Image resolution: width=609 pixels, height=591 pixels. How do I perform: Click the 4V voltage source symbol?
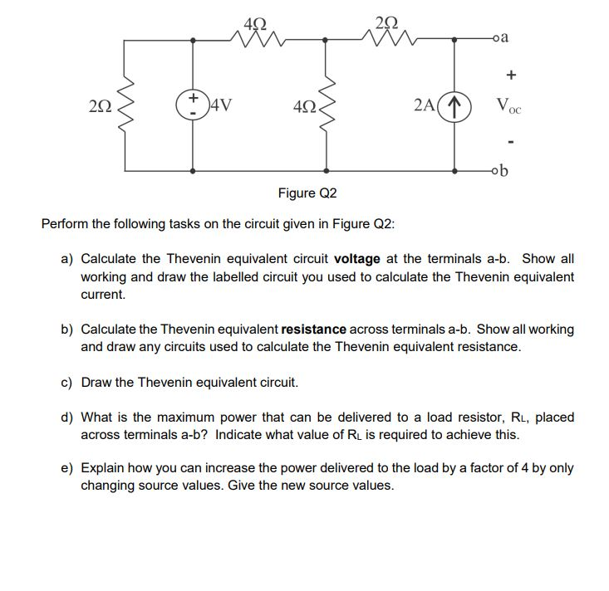coord(194,105)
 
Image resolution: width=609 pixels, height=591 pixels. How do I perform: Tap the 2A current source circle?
coord(454,105)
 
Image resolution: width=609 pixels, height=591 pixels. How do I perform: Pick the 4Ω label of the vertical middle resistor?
coord(302,106)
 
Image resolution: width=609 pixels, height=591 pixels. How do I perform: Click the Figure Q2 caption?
coord(307,193)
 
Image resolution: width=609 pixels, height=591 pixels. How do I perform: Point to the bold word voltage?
coord(356,259)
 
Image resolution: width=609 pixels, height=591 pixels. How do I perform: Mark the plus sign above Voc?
coord(511,74)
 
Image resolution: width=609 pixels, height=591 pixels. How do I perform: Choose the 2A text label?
coord(424,105)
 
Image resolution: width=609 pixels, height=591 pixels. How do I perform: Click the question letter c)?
coord(66,383)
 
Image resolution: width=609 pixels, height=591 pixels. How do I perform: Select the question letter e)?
coord(66,467)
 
